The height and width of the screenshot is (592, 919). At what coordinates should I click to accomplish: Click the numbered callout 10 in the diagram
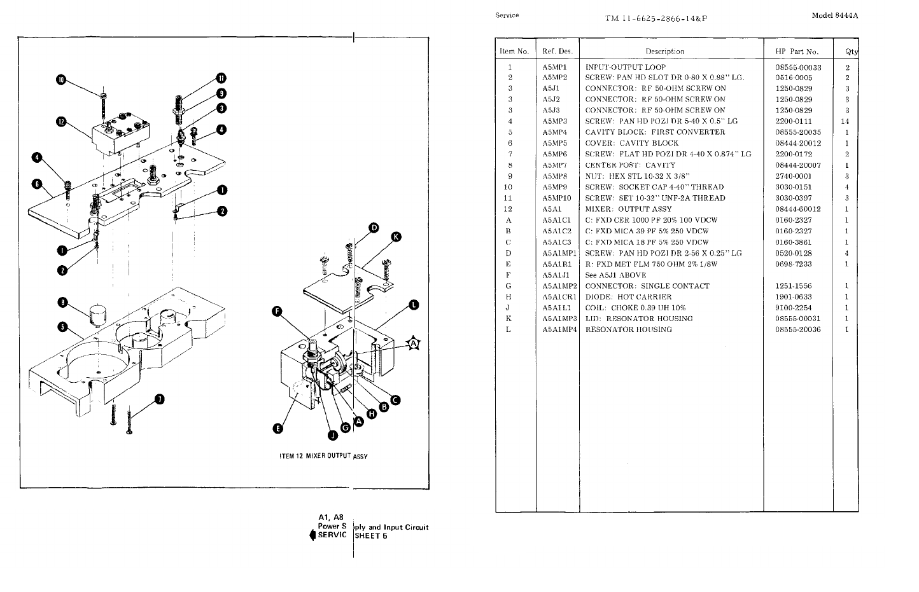pos(61,80)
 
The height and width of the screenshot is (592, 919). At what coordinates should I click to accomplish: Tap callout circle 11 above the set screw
pos(221,78)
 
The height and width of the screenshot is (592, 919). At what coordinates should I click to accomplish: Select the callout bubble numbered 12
pos(61,121)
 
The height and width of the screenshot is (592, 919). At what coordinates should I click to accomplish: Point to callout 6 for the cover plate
pos(38,184)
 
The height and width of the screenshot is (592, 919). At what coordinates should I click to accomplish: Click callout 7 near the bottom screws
pos(159,399)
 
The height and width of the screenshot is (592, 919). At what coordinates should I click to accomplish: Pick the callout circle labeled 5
pos(62,327)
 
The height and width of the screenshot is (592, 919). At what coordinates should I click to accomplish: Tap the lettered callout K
pos(396,237)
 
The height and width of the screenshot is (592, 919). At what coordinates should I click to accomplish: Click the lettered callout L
pos(414,305)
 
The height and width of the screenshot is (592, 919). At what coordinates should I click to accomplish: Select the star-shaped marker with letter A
pos(414,344)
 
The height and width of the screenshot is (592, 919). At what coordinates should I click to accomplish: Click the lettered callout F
pos(277,312)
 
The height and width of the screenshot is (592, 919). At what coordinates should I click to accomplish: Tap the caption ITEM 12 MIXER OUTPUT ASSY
pos(323,456)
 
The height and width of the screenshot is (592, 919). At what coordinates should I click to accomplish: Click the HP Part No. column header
pos(796,52)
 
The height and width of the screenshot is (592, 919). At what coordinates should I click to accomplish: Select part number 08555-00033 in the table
pos(798,67)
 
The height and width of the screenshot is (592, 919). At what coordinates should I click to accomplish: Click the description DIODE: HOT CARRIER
pos(628,297)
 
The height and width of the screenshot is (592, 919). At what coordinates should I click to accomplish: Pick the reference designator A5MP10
pos(557,198)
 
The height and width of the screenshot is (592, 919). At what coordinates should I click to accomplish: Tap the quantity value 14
pos(845,121)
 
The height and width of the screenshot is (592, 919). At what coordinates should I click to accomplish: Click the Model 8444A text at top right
pos(834,16)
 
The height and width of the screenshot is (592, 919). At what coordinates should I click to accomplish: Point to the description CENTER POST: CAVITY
pos(629,165)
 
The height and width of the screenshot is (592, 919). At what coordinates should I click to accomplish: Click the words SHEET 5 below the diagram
pos(371,535)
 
